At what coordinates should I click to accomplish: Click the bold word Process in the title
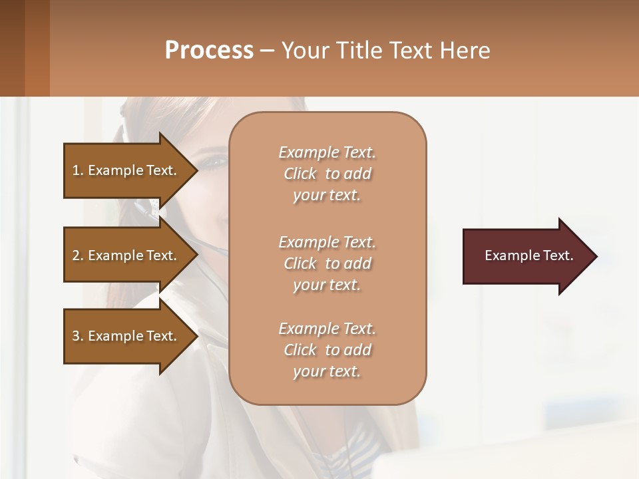209,51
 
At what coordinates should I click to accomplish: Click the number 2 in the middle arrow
76,255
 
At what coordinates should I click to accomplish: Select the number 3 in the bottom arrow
76,336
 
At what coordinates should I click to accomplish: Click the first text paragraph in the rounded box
327,174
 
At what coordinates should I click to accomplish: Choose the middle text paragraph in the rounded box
327,263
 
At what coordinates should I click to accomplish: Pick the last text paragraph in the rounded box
327,350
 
